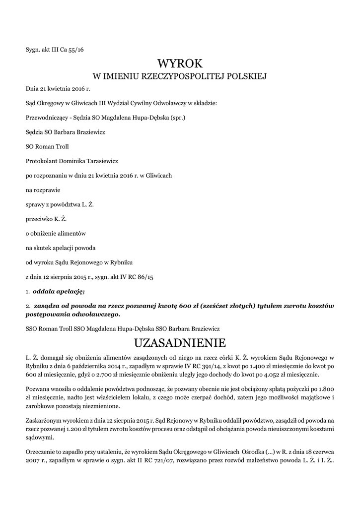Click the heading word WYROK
pyautogui.click(x=180, y=63)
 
